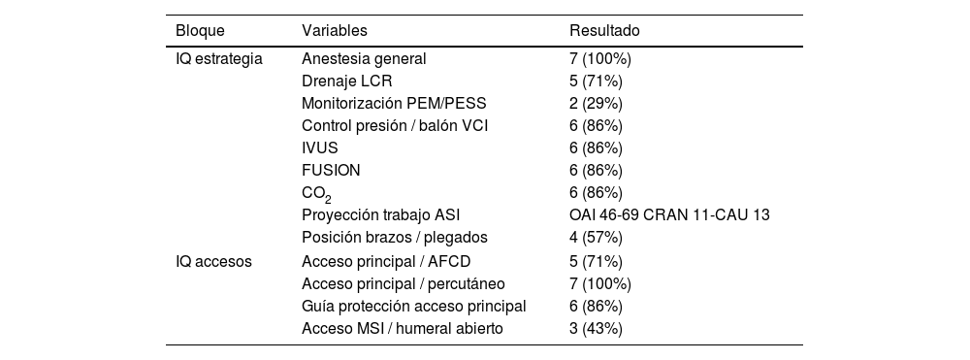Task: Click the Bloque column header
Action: coord(199,31)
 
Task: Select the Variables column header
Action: coord(335,31)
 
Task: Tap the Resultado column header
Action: coord(604,31)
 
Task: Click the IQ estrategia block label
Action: coord(219,59)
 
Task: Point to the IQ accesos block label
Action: coord(214,261)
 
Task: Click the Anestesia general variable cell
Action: coord(364,59)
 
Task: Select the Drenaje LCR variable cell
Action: coord(347,82)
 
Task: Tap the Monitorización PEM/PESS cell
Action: coord(395,104)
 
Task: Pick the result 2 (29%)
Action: coord(596,104)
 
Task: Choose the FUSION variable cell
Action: coord(331,171)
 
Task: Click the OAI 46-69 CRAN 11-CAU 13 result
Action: coord(669,215)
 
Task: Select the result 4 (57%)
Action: coord(596,238)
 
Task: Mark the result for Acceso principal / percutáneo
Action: coord(600,283)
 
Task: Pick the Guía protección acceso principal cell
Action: coord(414,306)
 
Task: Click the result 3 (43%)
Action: coord(596,328)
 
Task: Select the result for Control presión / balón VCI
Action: coord(596,126)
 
